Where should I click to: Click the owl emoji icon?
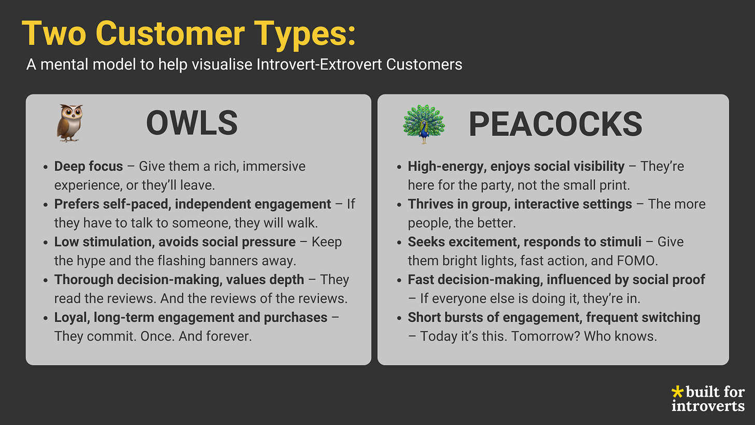(x=69, y=123)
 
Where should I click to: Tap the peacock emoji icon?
(x=424, y=124)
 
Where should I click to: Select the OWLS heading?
(x=192, y=124)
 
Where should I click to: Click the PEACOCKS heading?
(x=555, y=124)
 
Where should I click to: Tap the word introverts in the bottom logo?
(x=708, y=405)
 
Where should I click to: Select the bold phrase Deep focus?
(x=89, y=167)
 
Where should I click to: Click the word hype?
(x=96, y=261)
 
